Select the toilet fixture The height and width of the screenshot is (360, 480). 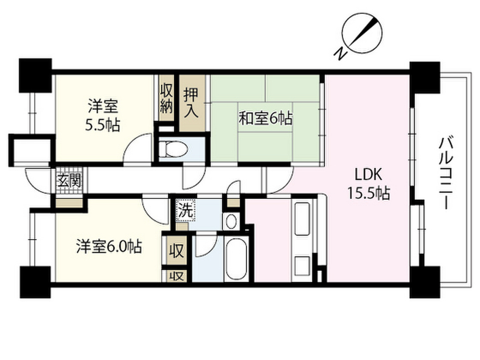[173, 149]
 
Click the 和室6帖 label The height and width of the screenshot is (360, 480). [265, 120]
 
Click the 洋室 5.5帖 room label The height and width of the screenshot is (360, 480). [102, 115]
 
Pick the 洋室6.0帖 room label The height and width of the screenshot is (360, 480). [109, 247]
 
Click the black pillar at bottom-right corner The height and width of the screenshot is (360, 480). [425, 281]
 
